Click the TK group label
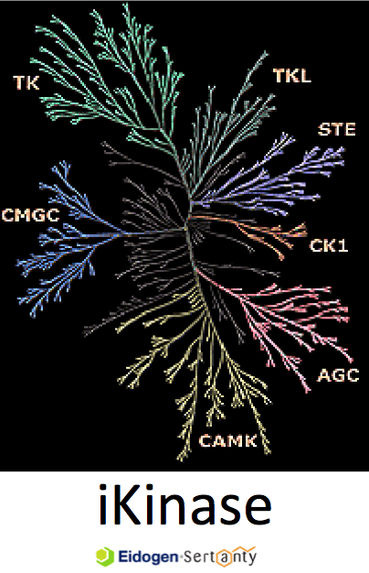pyautogui.click(x=26, y=82)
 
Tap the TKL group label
pyautogui.click(x=292, y=76)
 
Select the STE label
pyautogui.click(x=336, y=130)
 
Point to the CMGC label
pyautogui.click(x=31, y=215)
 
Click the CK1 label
pyautogui.click(x=329, y=245)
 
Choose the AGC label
pyautogui.click(x=338, y=375)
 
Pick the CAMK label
pyautogui.click(x=228, y=441)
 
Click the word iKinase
pyautogui.click(x=184, y=504)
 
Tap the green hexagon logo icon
pyautogui.click(x=105, y=557)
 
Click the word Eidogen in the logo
pyautogui.click(x=148, y=557)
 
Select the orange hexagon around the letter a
pyautogui.click(x=225, y=558)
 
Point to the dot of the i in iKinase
pyautogui.click(x=103, y=488)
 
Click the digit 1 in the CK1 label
pyautogui.click(x=342, y=245)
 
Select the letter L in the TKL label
pyautogui.click(x=305, y=76)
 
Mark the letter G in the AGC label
pyautogui.click(x=338, y=375)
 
